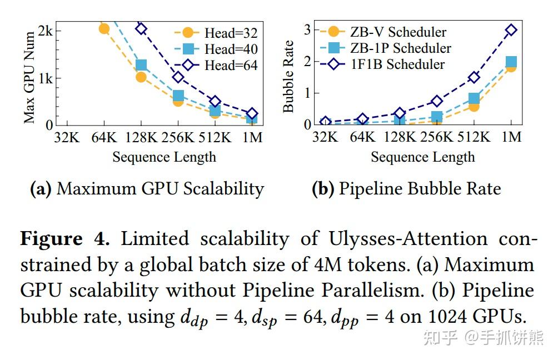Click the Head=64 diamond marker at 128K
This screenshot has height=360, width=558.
pos(141,28)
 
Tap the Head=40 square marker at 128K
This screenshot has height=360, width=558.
pos(141,66)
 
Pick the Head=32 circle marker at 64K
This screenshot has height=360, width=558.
pos(104,28)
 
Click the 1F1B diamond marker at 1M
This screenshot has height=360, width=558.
pos(511,29)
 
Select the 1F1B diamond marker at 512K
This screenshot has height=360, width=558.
pos(474,77)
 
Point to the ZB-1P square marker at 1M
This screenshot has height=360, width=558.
pos(511,62)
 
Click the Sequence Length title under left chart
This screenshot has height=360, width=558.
pos(164,157)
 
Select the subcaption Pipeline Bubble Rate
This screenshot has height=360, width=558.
pos(406,189)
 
